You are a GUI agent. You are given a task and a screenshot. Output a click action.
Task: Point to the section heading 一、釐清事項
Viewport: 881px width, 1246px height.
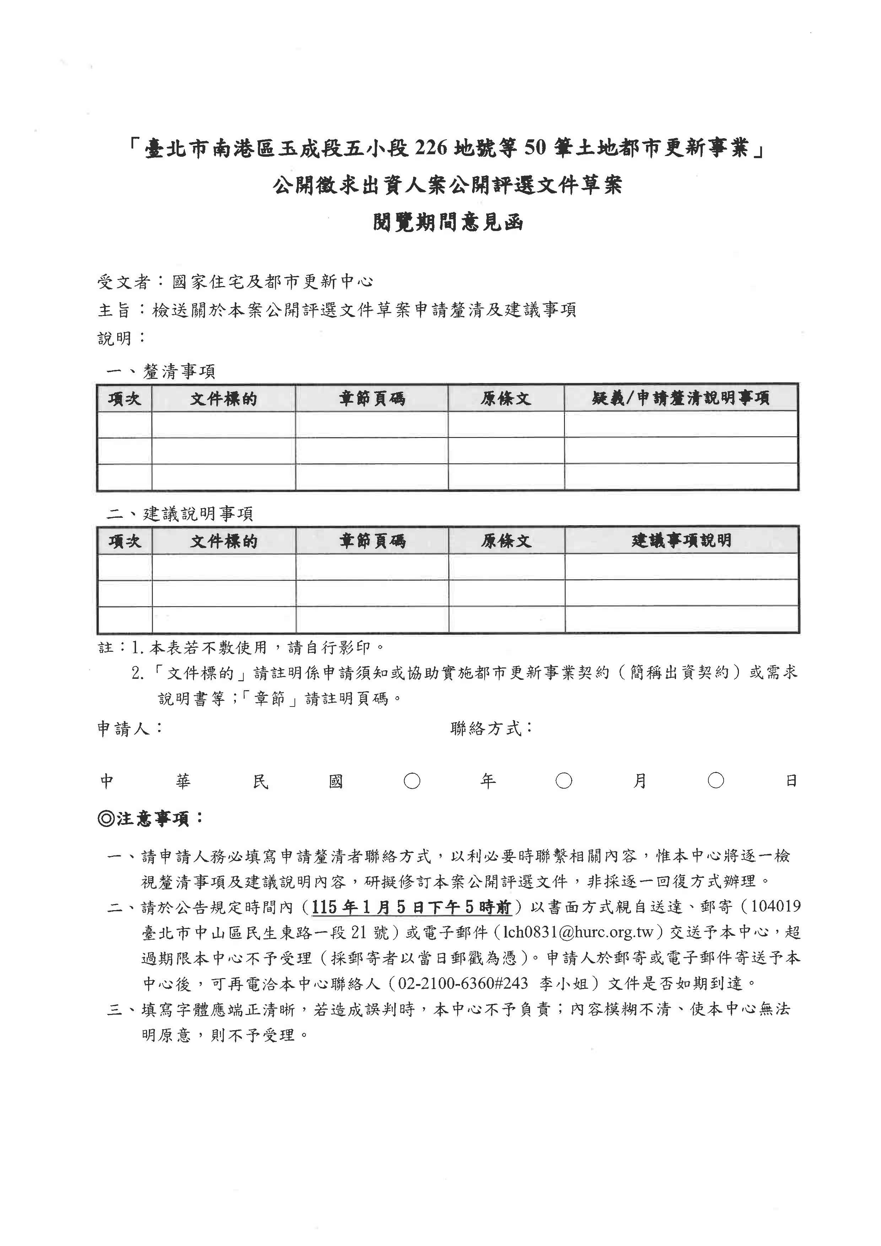coord(161,371)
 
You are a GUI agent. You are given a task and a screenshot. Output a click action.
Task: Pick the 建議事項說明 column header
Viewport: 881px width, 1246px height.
coord(681,541)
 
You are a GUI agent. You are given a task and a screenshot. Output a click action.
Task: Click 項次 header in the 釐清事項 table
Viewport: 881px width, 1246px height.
coord(124,399)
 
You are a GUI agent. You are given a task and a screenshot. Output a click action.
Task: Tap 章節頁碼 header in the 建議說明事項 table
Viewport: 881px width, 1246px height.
coord(372,541)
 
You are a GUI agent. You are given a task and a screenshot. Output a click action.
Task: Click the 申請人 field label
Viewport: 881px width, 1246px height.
coord(124,728)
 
